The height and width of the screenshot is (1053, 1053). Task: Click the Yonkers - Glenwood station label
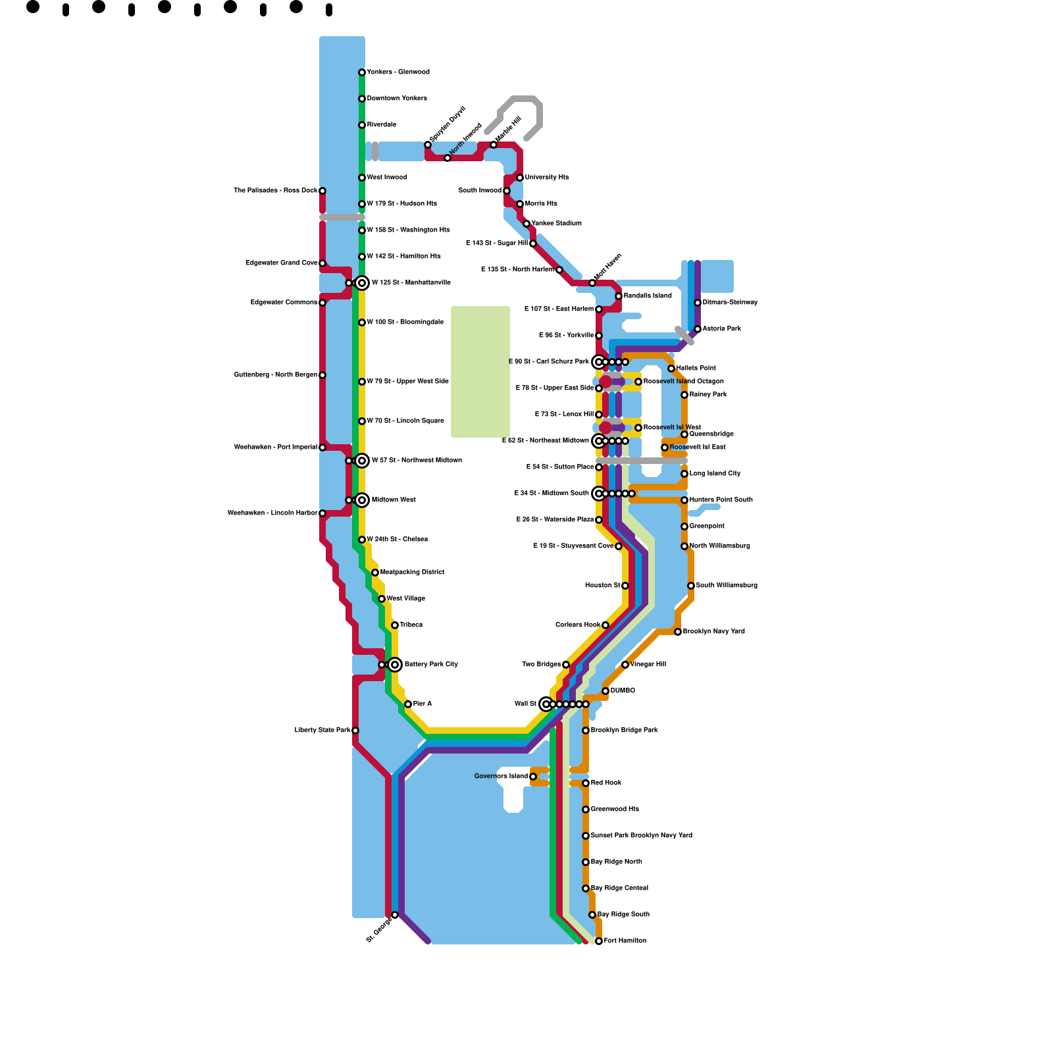tap(398, 72)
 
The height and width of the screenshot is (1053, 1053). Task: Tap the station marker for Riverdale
tap(362, 125)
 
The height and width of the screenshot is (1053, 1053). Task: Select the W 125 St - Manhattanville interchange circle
tap(362, 283)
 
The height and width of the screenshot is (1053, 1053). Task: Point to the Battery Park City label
tap(431, 665)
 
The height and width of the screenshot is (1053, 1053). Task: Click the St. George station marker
tap(395, 915)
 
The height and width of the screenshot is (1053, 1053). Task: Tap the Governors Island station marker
tap(533, 777)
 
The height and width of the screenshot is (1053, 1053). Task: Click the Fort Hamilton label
tap(625, 941)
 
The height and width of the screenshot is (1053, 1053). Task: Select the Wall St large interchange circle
tap(546, 704)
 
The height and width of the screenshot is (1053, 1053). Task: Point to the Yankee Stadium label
tap(556, 224)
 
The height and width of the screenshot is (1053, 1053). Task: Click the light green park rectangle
tap(480, 372)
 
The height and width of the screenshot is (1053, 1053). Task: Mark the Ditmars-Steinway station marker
tap(698, 303)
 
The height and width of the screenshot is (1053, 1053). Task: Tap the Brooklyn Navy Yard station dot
tap(678, 632)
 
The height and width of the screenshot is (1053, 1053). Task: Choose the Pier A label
tap(423, 704)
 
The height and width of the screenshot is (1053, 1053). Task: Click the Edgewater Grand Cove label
tap(281, 263)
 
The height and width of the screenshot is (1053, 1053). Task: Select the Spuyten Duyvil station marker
tap(428, 145)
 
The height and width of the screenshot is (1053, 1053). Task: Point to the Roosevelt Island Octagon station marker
tap(638, 382)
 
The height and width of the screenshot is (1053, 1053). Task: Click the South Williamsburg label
tap(727, 586)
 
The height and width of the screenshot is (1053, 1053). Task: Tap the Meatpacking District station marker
tap(375, 573)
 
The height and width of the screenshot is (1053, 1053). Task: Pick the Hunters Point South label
tap(721, 500)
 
